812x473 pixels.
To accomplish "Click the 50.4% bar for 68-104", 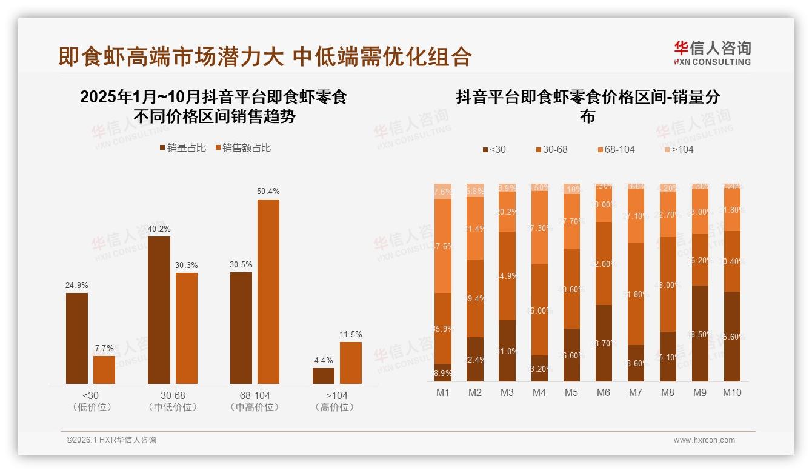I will (268, 291).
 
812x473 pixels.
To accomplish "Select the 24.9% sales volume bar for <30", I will (77, 338).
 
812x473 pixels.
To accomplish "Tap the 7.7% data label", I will (104, 348).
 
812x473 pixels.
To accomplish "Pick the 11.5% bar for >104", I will (350, 363).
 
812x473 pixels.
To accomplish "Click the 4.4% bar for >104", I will (324, 375).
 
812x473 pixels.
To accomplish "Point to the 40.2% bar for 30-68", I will (159, 309).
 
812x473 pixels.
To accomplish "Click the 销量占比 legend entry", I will (182, 148).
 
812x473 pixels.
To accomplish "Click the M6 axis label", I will (603, 392).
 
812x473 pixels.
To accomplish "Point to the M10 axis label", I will (731, 392).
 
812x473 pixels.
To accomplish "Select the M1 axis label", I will (443, 392).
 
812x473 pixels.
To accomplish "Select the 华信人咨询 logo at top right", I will (712, 53).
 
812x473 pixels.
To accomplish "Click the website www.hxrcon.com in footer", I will (704, 440).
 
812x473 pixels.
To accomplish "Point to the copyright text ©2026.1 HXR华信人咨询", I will (111, 440).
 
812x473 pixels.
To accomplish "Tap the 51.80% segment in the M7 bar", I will (635, 294).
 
